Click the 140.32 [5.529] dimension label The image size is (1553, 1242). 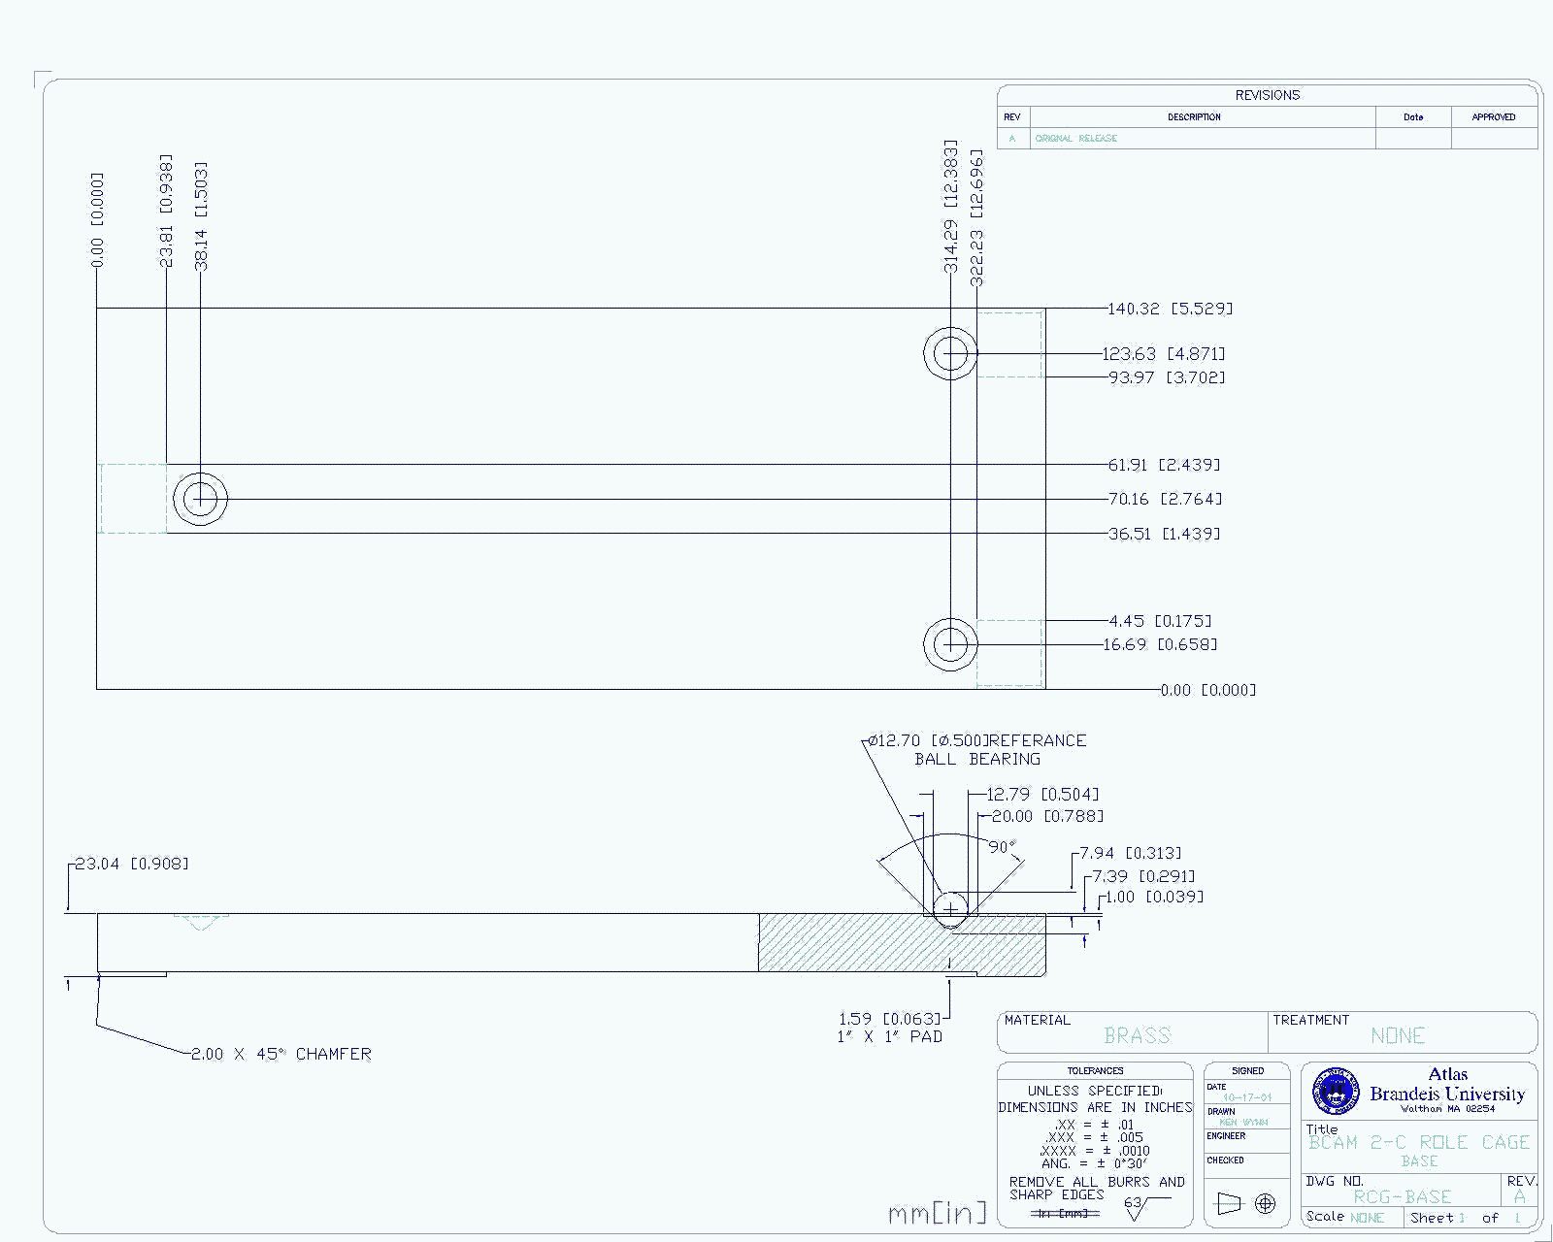pos(1171,309)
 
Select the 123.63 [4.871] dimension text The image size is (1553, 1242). pos(1164,354)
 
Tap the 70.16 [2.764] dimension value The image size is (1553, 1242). pos(1165,499)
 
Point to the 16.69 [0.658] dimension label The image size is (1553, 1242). pos(1161,644)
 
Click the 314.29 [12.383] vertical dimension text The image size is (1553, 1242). pos(951,206)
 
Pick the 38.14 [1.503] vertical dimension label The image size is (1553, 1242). pos(201,215)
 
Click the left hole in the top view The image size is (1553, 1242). pos(201,499)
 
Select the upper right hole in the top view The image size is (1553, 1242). pos(950,352)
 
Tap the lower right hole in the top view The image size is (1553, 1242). pos(950,643)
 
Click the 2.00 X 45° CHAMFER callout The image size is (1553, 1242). pos(281,1054)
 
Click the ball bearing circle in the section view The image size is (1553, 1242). pos(951,908)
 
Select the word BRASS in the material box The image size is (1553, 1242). pos(1137,1035)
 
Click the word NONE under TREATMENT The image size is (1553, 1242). pos(1398,1035)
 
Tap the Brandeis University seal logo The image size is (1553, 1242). pos(1336,1092)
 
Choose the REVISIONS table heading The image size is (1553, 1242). pos(1267,95)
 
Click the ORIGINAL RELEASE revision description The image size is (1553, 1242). pos(1075,139)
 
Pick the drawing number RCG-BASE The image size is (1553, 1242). pos(1402,1197)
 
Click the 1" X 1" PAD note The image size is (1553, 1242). pos(889,1036)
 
